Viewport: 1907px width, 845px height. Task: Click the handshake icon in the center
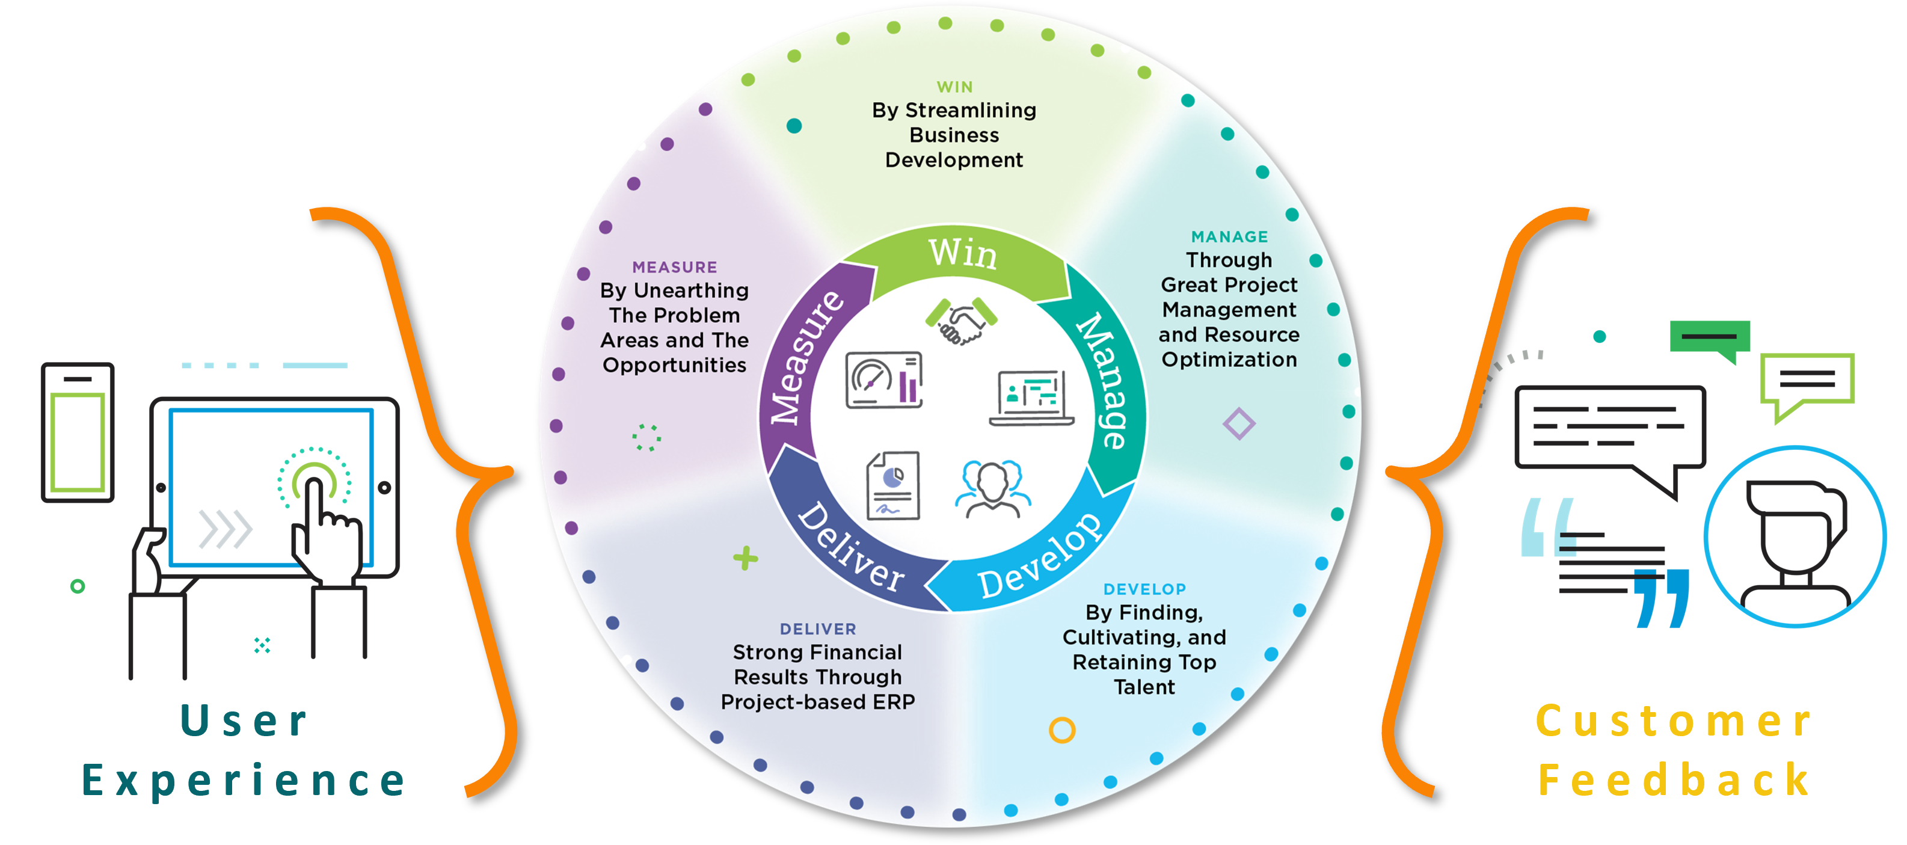960,321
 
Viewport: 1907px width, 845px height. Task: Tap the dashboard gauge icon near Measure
884,380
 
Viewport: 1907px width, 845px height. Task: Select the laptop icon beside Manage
1032,398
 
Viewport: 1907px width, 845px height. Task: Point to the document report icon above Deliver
894,486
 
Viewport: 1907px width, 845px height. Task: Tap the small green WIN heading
954,87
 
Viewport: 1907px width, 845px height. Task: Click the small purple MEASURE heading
674,268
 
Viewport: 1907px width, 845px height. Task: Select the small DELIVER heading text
817,628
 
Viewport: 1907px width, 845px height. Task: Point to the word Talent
1144,687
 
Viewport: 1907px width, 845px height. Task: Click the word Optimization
1229,360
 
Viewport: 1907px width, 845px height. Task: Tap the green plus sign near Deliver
746,558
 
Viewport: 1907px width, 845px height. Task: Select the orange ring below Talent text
1061,730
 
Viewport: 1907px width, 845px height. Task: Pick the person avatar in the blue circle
1795,536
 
